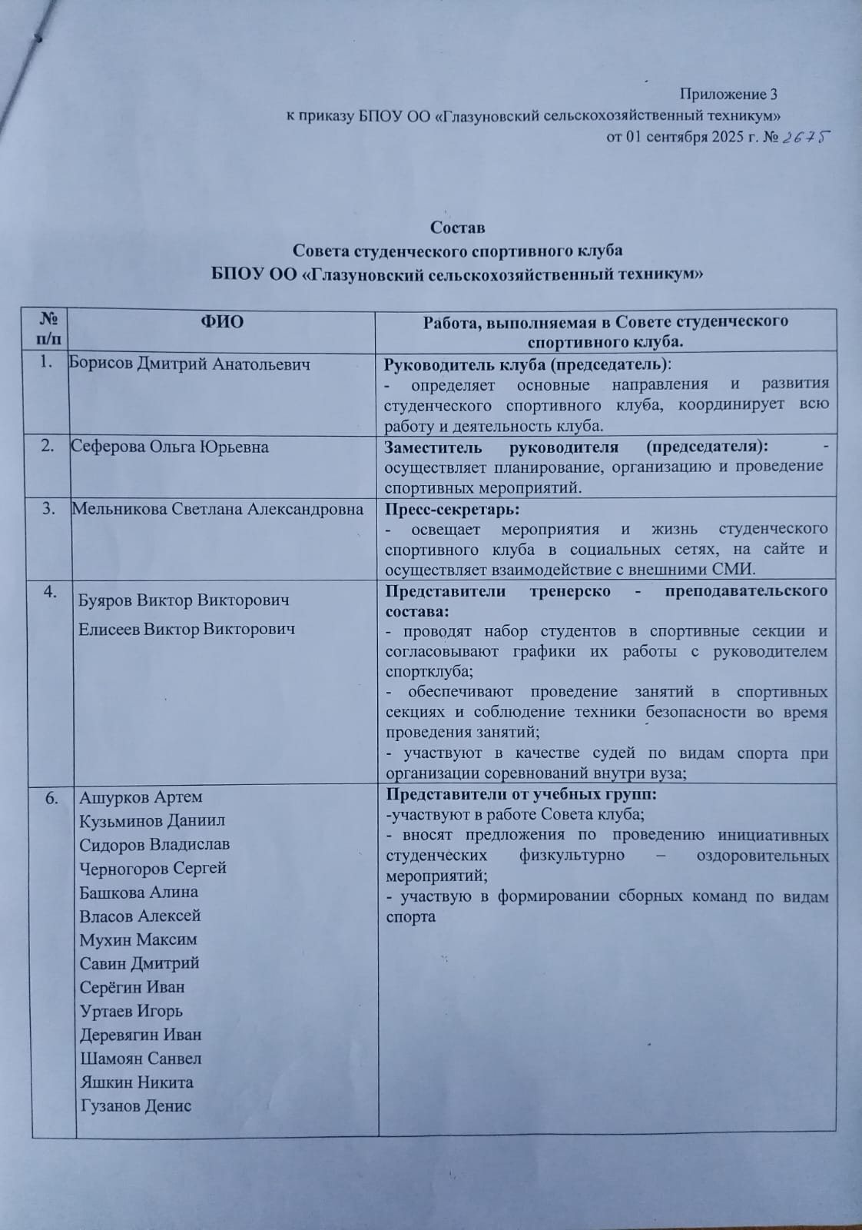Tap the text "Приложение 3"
(729, 95)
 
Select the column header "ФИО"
(222, 321)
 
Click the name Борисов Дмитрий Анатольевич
(190, 364)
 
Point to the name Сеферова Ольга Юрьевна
(169, 447)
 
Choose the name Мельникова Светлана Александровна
(217, 508)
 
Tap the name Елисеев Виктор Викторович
(187, 629)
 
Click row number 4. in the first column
(52, 591)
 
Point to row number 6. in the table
(52, 798)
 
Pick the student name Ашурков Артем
(141, 796)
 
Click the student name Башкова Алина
(138, 892)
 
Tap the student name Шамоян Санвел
(141, 1058)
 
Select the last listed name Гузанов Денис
(135, 1105)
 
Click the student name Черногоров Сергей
(153, 868)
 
